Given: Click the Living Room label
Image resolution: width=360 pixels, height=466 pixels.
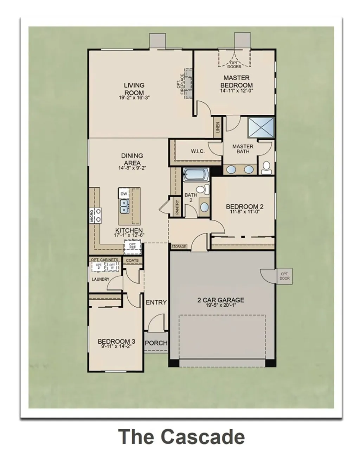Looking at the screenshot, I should tap(134, 89).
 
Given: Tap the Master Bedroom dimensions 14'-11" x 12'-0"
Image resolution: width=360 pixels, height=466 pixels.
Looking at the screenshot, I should tap(236, 91).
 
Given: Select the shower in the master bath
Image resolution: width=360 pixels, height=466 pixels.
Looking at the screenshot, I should tap(261, 127).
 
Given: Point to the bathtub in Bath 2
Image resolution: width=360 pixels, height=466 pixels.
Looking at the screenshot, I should tap(195, 174).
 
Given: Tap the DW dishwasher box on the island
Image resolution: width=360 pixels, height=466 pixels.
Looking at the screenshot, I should tap(123, 194).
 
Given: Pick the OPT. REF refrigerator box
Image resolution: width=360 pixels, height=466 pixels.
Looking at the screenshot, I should tap(133, 246).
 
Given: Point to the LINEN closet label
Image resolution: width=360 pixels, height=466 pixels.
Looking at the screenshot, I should tap(218, 127).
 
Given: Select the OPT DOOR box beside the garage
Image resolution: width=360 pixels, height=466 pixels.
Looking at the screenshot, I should tap(285, 276).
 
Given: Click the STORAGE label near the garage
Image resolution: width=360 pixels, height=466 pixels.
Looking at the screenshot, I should tap(179, 247).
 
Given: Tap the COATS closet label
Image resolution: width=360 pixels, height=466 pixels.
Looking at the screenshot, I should tap(132, 261).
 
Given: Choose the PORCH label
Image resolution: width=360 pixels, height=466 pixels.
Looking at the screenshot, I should tap(156, 343).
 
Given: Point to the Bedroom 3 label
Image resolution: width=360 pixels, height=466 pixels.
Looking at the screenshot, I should tap(116, 341).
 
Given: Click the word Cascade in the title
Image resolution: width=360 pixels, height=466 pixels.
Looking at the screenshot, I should tap(202, 437).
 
